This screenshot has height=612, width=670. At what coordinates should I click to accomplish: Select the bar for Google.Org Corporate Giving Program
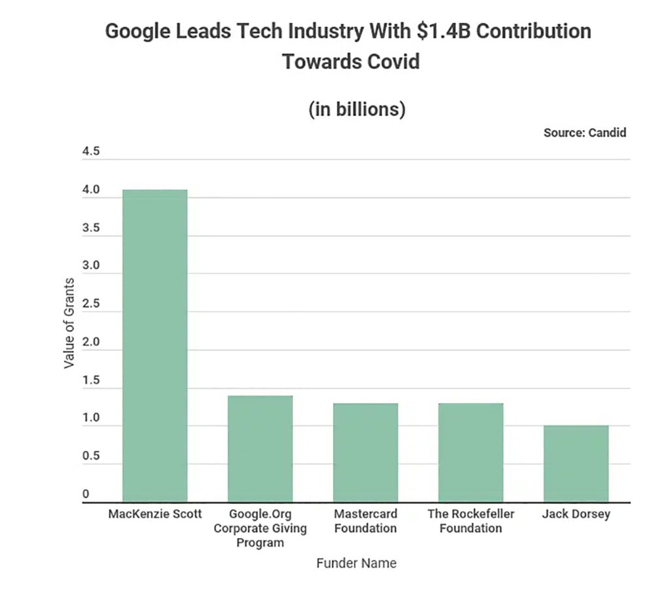pyautogui.click(x=260, y=449)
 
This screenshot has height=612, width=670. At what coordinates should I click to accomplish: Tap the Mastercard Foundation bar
pyautogui.click(x=365, y=453)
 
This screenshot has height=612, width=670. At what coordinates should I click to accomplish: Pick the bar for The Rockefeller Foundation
pyautogui.click(x=470, y=453)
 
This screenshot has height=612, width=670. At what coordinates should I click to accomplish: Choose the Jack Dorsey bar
pyautogui.click(x=576, y=464)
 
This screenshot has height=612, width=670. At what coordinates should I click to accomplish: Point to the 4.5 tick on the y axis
pyautogui.click(x=91, y=152)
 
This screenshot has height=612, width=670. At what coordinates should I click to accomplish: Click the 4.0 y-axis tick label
pyautogui.click(x=91, y=190)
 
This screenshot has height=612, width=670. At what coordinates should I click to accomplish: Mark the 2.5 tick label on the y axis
pyautogui.click(x=91, y=304)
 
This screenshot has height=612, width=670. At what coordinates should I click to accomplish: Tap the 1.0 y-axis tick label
pyautogui.click(x=91, y=418)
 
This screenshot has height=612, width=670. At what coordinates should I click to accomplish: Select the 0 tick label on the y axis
pyautogui.click(x=86, y=494)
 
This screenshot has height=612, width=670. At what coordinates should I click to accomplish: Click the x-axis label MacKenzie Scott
pyautogui.click(x=155, y=514)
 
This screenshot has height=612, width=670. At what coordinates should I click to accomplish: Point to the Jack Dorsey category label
pyautogui.click(x=576, y=514)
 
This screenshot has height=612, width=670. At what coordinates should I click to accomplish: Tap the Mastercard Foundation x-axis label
pyautogui.click(x=365, y=521)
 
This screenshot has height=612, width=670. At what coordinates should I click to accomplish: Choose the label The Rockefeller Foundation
pyautogui.click(x=470, y=521)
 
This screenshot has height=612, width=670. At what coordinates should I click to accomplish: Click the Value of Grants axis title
pyautogui.click(x=69, y=323)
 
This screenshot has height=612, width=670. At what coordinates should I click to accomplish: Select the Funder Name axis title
pyautogui.click(x=356, y=563)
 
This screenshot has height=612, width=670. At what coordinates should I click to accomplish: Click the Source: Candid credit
pyautogui.click(x=584, y=133)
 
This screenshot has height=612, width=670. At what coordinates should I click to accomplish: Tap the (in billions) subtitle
pyautogui.click(x=357, y=109)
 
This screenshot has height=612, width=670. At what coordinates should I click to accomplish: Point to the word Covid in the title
pyautogui.click(x=386, y=62)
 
